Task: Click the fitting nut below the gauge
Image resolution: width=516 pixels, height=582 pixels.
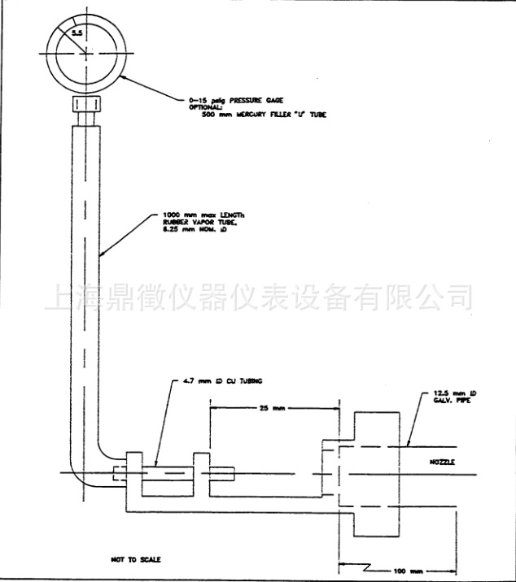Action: tap(85, 105)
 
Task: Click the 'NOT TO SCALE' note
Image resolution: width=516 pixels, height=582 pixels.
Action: tap(136, 559)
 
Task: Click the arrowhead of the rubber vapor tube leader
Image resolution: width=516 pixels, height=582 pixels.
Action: tap(100, 254)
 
